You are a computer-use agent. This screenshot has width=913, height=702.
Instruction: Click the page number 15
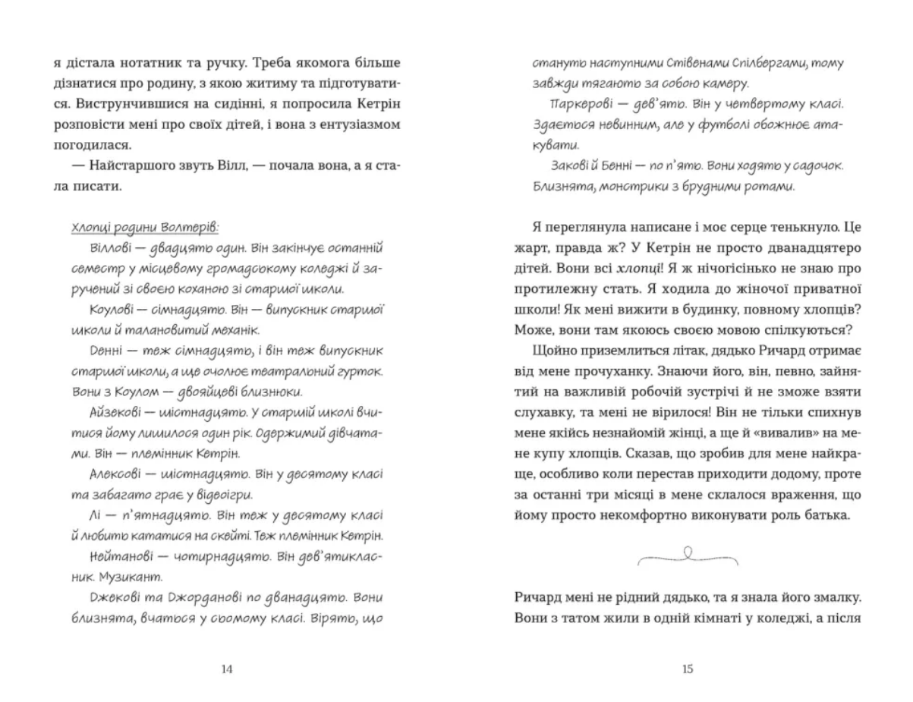[688, 669]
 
